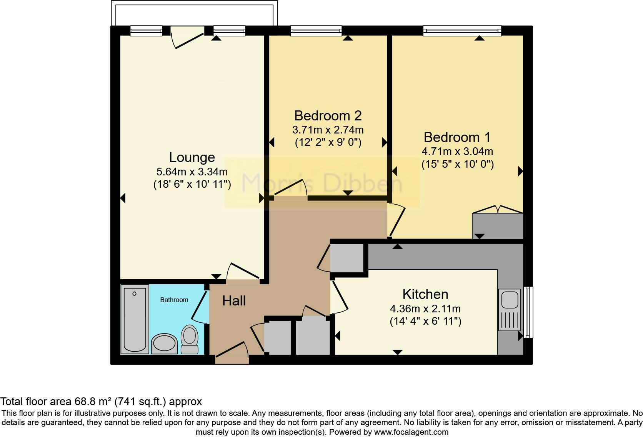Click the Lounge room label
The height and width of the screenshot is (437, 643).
(x=192, y=157)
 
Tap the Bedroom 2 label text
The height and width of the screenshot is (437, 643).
(x=328, y=115)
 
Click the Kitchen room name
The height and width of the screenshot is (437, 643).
(x=425, y=294)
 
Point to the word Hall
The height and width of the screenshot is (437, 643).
(x=234, y=301)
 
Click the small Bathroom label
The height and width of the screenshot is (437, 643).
(x=174, y=300)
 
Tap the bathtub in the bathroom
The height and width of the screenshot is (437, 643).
(x=135, y=319)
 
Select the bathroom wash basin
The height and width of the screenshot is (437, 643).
(x=165, y=343)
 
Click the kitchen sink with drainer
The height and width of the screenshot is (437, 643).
(x=509, y=310)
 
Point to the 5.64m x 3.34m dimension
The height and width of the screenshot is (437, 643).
(x=192, y=172)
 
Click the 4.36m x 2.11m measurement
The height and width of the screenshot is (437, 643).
(x=425, y=309)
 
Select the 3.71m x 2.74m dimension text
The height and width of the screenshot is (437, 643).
(x=328, y=130)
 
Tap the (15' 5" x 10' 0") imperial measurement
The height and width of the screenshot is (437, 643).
(x=457, y=165)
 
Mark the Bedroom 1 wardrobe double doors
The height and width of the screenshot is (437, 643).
(x=498, y=209)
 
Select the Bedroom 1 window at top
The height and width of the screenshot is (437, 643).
(x=462, y=31)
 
